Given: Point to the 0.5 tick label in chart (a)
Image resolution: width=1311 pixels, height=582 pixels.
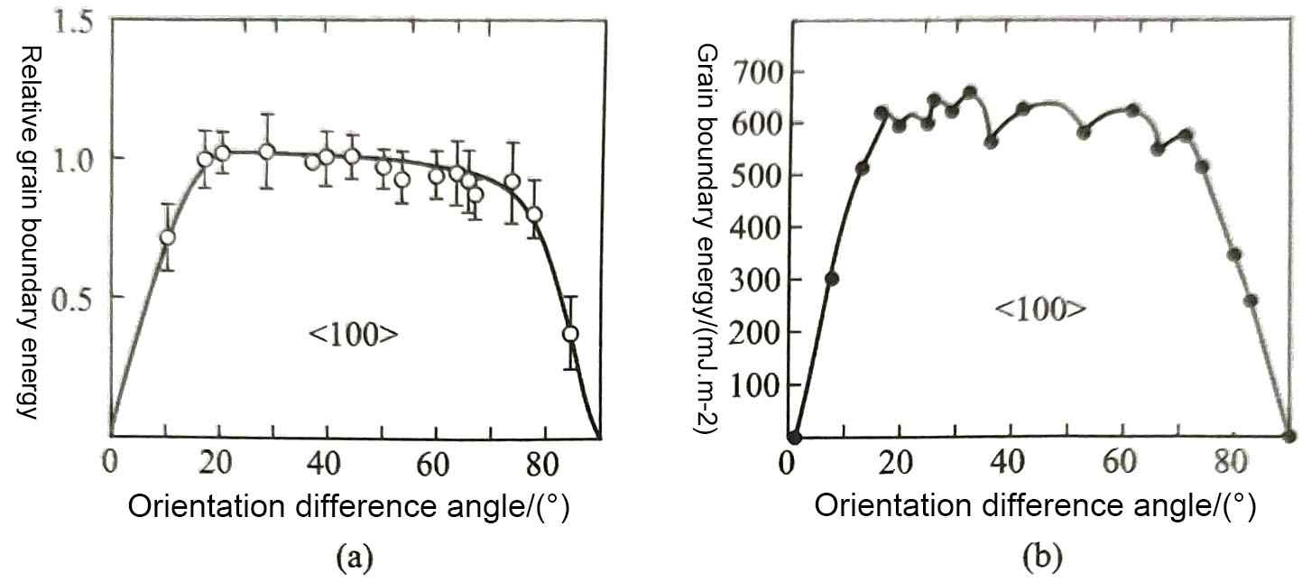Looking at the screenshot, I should pyautogui.click(x=74, y=299).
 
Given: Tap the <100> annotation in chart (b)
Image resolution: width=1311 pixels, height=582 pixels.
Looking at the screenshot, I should pyautogui.click(x=1039, y=309).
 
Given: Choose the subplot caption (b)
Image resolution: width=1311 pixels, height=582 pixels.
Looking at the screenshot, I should pyautogui.click(x=1039, y=560).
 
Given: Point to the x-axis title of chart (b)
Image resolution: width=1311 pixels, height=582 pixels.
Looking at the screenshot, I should pyautogui.click(x=1035, y=507).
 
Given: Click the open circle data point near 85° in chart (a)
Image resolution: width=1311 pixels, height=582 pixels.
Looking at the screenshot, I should pyautogui.click(x=570, y=334).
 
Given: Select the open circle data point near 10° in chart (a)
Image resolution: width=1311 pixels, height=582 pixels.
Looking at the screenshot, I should pyautogui.click(x=167, y=237).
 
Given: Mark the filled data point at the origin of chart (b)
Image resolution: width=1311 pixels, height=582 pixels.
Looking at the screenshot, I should pyautogui.click(x=794, y=438).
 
